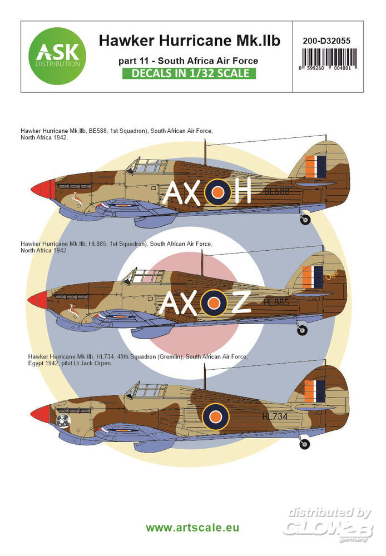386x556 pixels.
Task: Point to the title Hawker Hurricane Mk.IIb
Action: tap(190, 40)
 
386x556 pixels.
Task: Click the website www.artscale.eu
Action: tap(193, 527)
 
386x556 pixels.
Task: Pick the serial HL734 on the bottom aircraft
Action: tap(276, 414)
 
